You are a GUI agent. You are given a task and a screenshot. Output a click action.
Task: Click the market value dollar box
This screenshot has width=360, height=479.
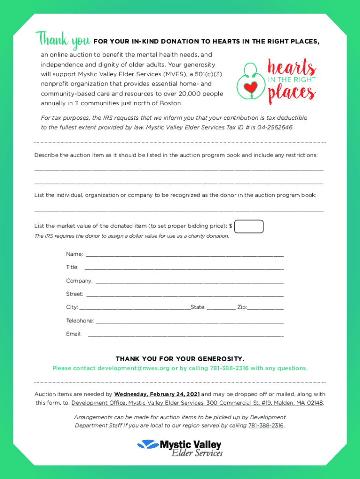(x=249, y=226)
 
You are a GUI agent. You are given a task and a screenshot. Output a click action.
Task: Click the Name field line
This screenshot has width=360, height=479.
(x=185, y=255)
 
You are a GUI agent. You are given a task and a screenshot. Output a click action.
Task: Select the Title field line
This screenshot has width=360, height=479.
(x=184, y=269)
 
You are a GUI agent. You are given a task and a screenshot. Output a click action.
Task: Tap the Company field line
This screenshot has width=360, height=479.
(x=189, y=282)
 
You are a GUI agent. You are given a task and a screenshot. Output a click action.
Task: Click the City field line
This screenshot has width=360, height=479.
(x=135, y=309)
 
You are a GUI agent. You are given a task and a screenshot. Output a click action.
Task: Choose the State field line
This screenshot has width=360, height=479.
(x=221, y=309)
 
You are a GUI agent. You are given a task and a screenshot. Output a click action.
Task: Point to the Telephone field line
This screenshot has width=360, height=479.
(x=189, y=322)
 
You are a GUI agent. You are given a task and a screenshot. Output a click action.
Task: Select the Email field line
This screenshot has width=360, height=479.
(x=186, y=335)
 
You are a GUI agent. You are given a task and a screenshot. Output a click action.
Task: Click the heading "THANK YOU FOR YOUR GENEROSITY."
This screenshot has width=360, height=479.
(x=180, y=359)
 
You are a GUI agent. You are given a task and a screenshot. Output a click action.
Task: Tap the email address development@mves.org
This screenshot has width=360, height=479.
(x=133, y=368)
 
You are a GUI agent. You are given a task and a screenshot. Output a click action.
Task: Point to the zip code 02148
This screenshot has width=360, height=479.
(x=313, y=403)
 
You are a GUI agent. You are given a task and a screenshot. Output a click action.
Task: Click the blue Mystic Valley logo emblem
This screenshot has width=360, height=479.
(x=148, y=444)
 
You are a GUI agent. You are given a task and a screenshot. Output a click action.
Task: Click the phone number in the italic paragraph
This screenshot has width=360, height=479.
(x=266, y=425)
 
